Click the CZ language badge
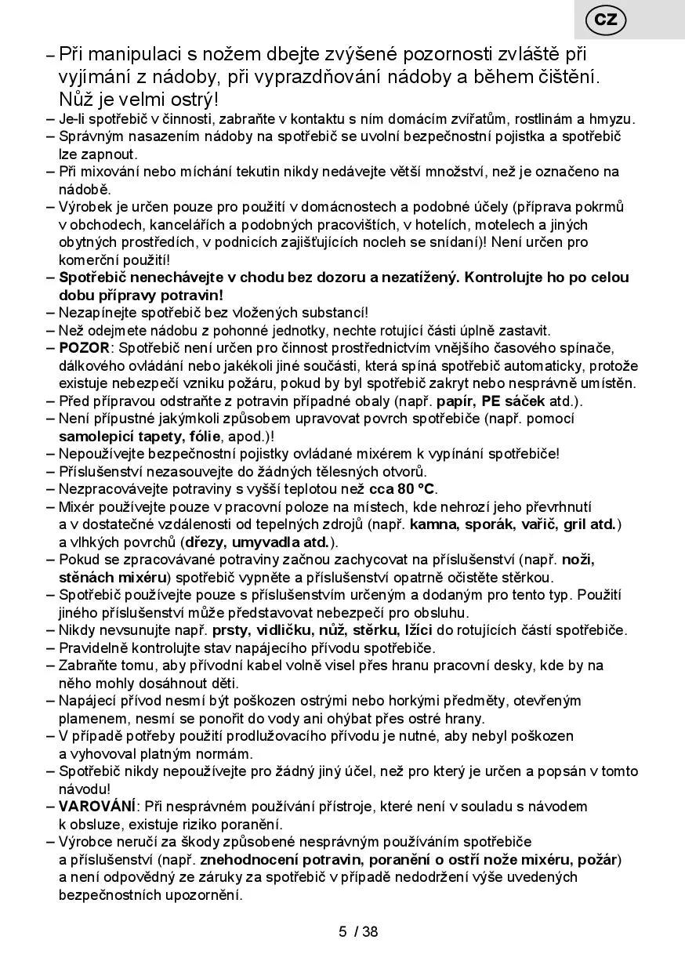click(605, 20)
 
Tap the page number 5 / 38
click(358, 932)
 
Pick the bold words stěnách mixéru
click(113, 577)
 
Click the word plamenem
click(91, 718)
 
